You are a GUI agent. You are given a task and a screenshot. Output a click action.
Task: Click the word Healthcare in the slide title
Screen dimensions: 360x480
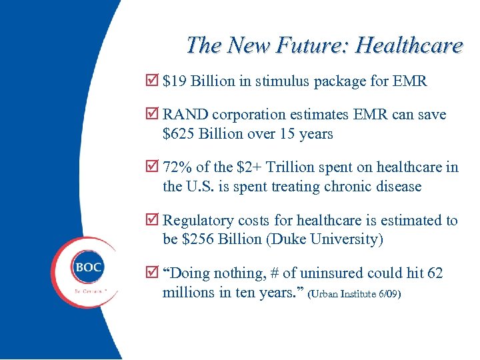pyautogui.click(x=409, y=45)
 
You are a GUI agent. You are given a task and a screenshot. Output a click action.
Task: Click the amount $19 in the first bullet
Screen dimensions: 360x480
pyautogui.click(x=175, y=81)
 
